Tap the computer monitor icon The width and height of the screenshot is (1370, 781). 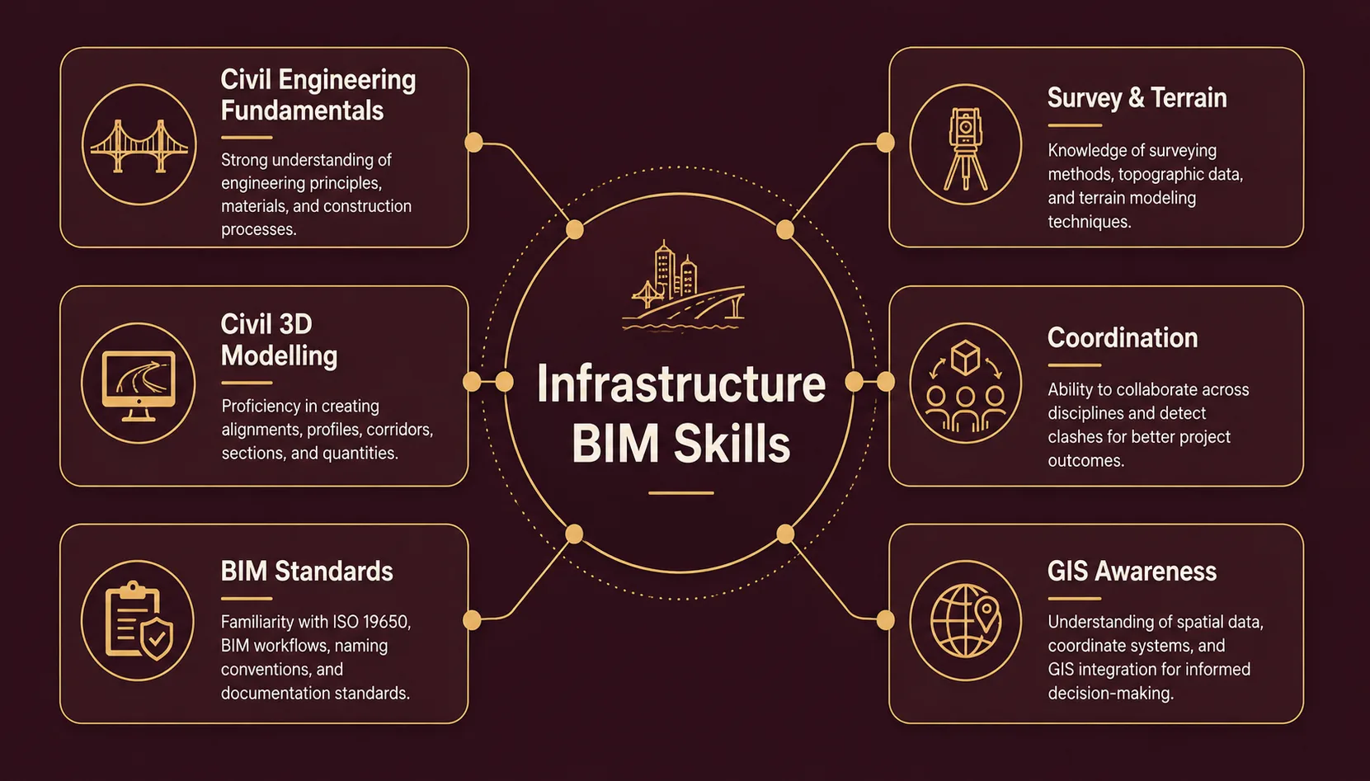(139, 385)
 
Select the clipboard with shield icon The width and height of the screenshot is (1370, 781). (139, 620)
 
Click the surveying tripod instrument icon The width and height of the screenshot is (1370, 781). (966, 148)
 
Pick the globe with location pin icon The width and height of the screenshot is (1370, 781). (966, 621)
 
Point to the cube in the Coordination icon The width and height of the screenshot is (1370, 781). (966, 357)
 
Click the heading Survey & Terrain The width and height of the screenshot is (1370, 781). (1137, 98)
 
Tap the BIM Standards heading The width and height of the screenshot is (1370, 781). (307, 572)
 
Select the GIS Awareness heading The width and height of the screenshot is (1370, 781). (1132, 572)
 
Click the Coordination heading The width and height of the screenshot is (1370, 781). (1123, 337)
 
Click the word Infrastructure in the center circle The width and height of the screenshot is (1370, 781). (680, 384)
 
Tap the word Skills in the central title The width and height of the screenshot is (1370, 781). (732, 443)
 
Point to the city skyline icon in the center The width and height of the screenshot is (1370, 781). (683, 285)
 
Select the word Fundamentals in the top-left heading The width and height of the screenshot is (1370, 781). (302, 111)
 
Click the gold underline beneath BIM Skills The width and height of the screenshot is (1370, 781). (680, 493)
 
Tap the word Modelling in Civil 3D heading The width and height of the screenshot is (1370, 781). (279, 356)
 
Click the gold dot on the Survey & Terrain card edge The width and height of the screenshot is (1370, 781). (885, 143)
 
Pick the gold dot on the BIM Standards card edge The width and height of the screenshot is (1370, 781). (472, 620)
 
